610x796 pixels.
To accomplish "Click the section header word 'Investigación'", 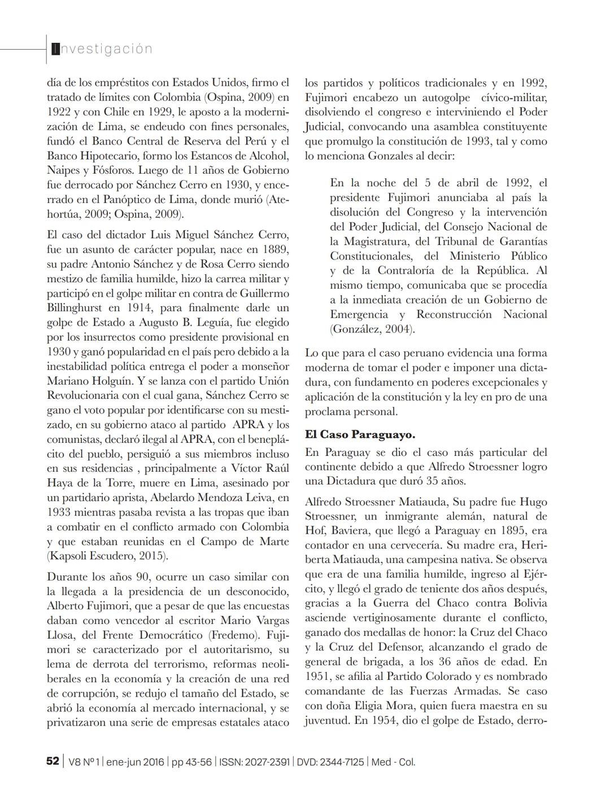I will point(102,49).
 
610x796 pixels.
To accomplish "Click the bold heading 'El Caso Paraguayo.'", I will point(360,434).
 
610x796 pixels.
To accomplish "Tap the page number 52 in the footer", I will point(52,762).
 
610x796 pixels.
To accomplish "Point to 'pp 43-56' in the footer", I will point(191,762).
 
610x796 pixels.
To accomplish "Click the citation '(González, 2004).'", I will point(373,329).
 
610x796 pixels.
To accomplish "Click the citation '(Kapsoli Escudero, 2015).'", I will point(107,556).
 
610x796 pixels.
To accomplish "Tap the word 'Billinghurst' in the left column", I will point(76,307).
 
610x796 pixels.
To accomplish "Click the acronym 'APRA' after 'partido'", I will point(249,424).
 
